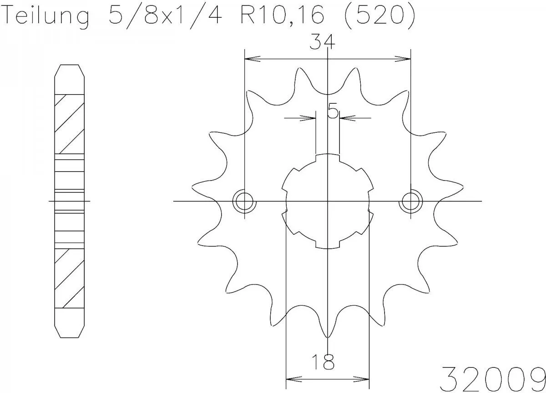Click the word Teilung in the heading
(45, 17)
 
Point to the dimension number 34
(323, 42)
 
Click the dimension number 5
(333, 111)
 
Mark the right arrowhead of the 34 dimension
(403, 59)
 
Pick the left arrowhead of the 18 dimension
(293, 378)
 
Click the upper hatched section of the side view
(70, 124)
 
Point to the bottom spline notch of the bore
(328, 245)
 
